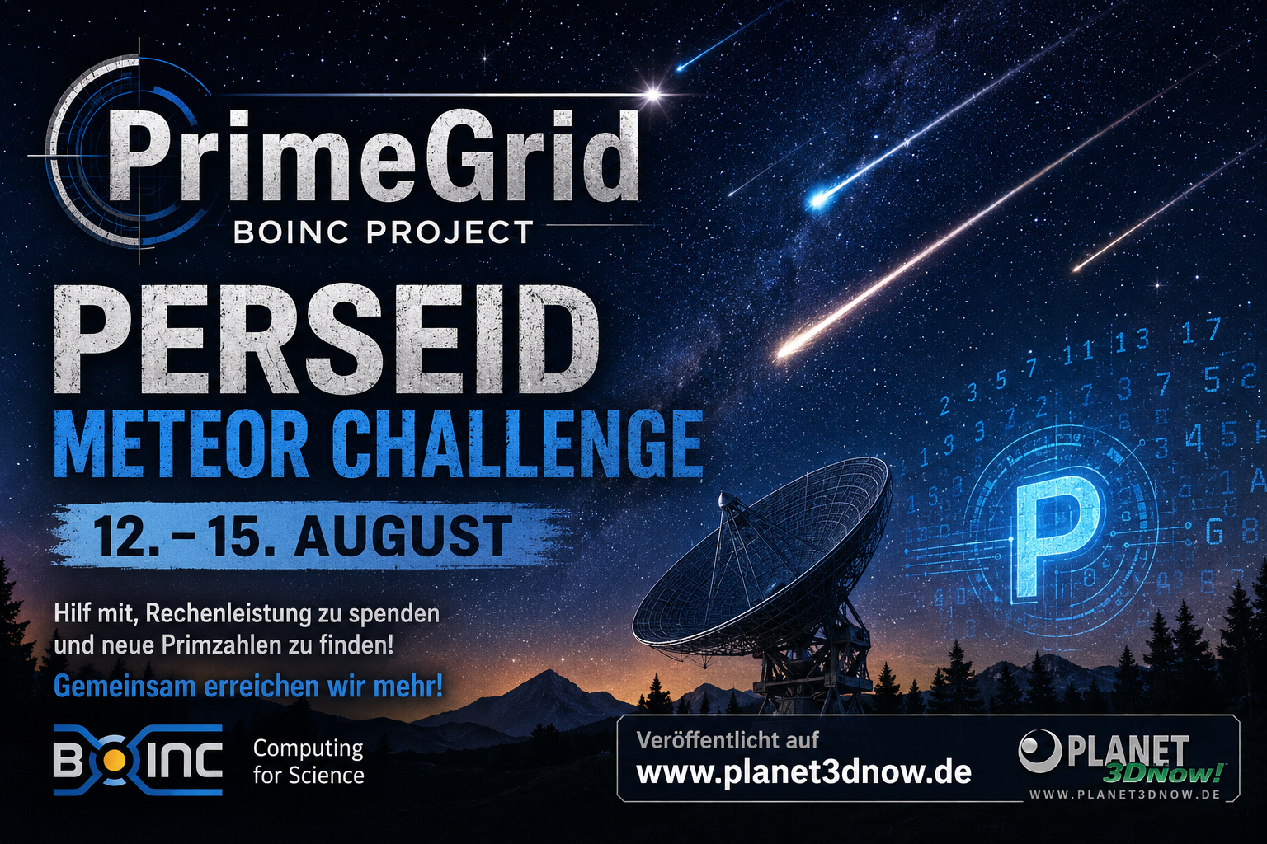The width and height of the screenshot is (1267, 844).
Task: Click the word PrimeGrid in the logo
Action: tap(374, 157)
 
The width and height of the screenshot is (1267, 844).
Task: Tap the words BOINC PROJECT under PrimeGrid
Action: tap(384, 232)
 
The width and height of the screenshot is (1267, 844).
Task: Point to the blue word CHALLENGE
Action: tap(516, 444)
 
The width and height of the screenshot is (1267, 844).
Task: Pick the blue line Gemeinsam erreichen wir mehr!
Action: tap(248, 687)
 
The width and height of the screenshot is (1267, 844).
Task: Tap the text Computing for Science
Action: tap(309, 762)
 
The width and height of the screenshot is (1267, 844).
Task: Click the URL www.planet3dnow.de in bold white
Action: tap(803, 773)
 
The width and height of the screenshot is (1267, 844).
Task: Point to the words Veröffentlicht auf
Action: tap(728, 740)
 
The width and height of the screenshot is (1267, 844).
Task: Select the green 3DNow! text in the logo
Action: tap(1164, 773)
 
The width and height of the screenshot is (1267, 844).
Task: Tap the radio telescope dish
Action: tap(761, 557)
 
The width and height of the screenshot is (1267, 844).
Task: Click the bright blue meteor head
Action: tap(819, 199)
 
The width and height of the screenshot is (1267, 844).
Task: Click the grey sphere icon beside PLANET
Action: tap(1039, 751)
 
